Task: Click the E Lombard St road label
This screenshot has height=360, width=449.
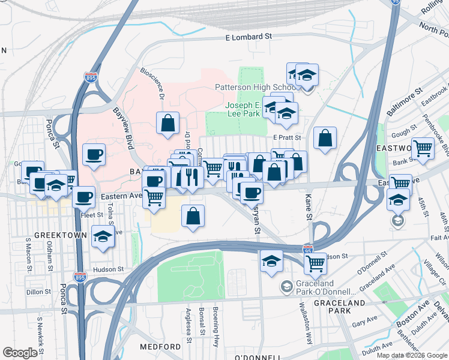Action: (x=249, y=37)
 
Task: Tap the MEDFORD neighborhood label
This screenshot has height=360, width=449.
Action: (x=160, y=347)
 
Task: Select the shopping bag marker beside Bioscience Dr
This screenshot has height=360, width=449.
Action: (x=168, y=123)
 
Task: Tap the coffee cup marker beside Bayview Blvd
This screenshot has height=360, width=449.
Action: (x=94, y=155)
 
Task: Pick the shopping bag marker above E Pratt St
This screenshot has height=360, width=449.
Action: (x=325, y=138)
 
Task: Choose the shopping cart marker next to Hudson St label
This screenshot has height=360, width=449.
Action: (x=315, y=262)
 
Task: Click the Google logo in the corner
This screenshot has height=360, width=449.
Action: (x=20, y=353)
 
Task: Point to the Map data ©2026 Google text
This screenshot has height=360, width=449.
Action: (x=412, y=355)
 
